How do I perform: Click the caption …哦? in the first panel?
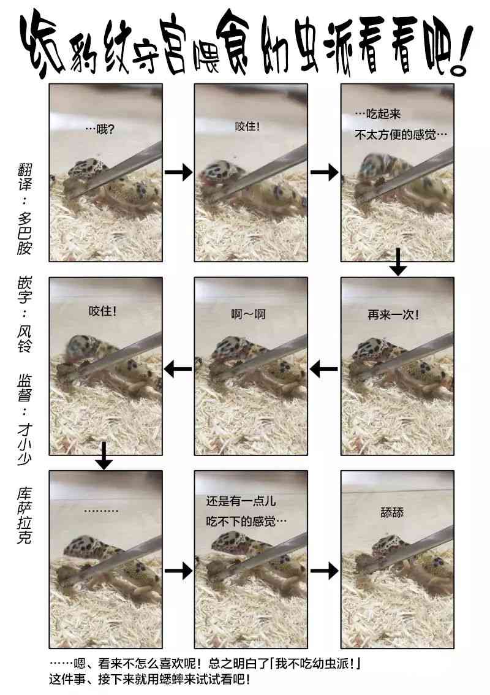100,129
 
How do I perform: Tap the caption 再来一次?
393,314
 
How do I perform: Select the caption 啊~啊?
248,314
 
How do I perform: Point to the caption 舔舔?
392,513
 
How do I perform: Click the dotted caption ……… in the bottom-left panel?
101,511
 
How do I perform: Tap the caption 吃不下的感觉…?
246,521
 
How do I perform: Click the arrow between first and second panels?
179,172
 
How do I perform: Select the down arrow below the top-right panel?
398,262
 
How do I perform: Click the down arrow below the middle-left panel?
104,455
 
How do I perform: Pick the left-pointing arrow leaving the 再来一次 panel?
324,368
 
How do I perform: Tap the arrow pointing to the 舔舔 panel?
324,570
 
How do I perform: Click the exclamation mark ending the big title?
461,50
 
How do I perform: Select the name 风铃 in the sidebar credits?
24,339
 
